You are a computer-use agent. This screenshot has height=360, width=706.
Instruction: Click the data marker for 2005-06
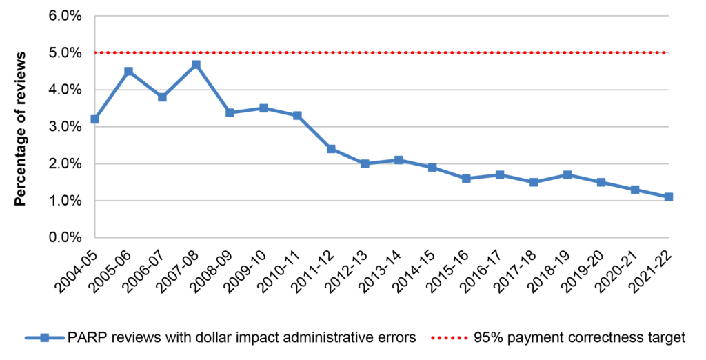tap(128, 71)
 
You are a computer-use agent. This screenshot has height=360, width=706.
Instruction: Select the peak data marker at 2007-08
tap(196, 64)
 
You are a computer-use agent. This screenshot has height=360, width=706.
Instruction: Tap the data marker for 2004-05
tap(94, 119)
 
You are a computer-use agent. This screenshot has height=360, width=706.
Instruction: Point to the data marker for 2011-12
tap(331, 149)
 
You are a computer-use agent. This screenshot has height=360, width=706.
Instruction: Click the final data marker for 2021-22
tap(668, 197)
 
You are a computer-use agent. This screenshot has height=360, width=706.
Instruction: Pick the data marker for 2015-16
tap(466, 179)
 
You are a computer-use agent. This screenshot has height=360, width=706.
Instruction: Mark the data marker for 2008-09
tap(230, 112)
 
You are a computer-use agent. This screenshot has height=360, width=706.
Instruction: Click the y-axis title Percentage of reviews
tap(21, 128)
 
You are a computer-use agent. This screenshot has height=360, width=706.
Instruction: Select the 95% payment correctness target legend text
tap(579, 338)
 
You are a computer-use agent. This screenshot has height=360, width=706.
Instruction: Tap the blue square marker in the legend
tap(44, 338)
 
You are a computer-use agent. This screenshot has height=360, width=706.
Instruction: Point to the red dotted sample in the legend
tap(448, 338)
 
